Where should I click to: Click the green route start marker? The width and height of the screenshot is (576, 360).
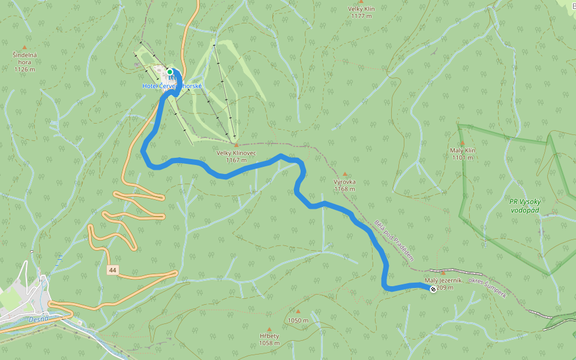coord(170,72)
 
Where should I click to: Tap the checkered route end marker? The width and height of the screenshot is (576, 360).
coord(433,289)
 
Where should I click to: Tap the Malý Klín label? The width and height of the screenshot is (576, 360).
coord(462,154)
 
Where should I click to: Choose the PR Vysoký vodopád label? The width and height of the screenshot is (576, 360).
coord(525,206)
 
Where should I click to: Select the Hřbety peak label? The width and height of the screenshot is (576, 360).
coord(269,339)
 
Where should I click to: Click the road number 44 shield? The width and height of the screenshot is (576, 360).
coord(113,271)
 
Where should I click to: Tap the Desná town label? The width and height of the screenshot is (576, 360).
coord(38,319)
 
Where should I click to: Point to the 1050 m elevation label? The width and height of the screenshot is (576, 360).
coord(298,320)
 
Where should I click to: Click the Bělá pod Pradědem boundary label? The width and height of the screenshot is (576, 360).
coord(394,241)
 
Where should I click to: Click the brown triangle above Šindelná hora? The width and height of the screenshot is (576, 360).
coord(25,47)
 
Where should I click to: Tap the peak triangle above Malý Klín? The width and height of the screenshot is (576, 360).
coord(462,143)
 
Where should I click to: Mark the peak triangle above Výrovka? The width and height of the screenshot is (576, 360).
coord(345,174)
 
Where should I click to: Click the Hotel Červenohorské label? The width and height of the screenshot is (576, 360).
coord(172,86)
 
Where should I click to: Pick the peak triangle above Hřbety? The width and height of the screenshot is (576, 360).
coord(269,328)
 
